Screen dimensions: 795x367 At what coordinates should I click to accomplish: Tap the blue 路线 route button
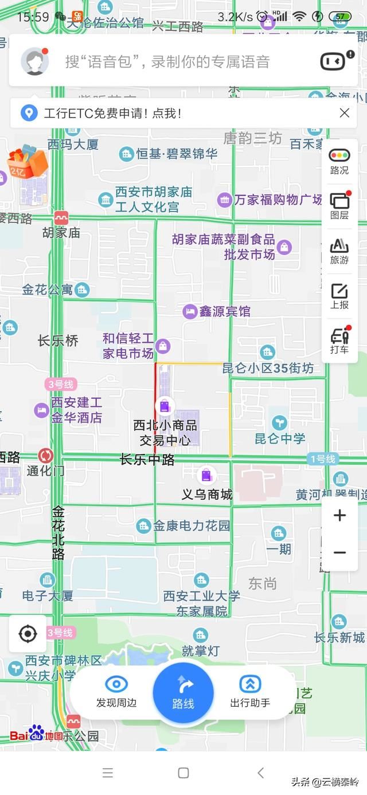[x=183, y=692]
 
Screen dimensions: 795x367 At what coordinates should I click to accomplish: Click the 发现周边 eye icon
[x=116, y=684]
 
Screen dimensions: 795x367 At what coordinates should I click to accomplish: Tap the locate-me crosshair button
[x=28, y=634]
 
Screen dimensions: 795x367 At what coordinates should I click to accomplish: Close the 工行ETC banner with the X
[x=345, y=113]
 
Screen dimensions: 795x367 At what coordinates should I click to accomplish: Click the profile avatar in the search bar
[x=35, y=61]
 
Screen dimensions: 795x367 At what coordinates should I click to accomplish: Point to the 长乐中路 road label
[x=147, y=459]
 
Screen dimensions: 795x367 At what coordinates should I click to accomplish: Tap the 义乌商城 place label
[x=207, y=494]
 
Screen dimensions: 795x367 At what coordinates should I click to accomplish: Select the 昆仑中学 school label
[x=280, y=438]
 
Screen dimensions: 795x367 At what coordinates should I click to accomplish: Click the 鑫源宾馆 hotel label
[x=225, y=311]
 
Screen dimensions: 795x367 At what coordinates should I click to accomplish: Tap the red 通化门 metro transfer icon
[x=46, y=456]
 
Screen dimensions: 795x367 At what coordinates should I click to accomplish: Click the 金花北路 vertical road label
[x=58, y=532]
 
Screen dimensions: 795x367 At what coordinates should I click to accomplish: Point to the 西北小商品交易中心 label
[x=165, y=433]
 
